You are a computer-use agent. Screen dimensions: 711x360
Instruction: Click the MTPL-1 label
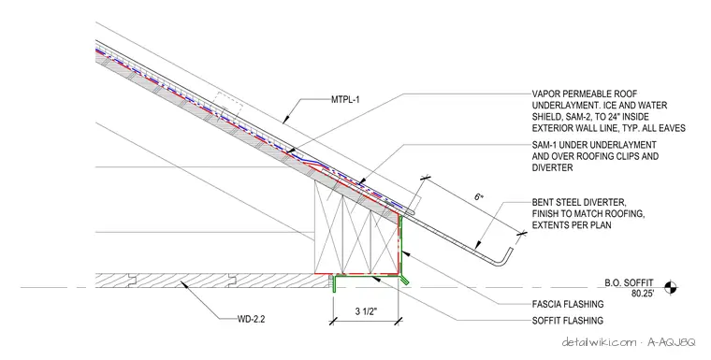click(x=345, y=99)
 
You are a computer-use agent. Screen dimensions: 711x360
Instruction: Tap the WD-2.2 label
click(x=252, y=319)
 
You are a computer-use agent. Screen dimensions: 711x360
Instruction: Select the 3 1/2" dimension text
click(x=366, y=311)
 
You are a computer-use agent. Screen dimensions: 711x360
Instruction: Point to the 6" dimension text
click(x=479, y=197)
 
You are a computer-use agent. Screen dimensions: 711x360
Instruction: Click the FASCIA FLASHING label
click(x=568, y=304)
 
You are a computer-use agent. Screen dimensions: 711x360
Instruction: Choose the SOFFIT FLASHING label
click(x=568, y=321)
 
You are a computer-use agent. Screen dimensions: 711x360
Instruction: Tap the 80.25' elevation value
click(x=643, y=294)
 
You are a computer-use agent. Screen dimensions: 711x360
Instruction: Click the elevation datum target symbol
click(x=670, y=287)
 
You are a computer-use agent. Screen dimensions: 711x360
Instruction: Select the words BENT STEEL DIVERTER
click(x=579, y=202)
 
